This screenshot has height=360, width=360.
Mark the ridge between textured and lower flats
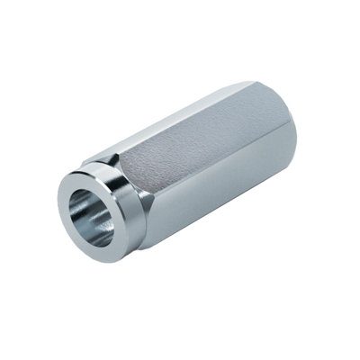pos(216,184)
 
